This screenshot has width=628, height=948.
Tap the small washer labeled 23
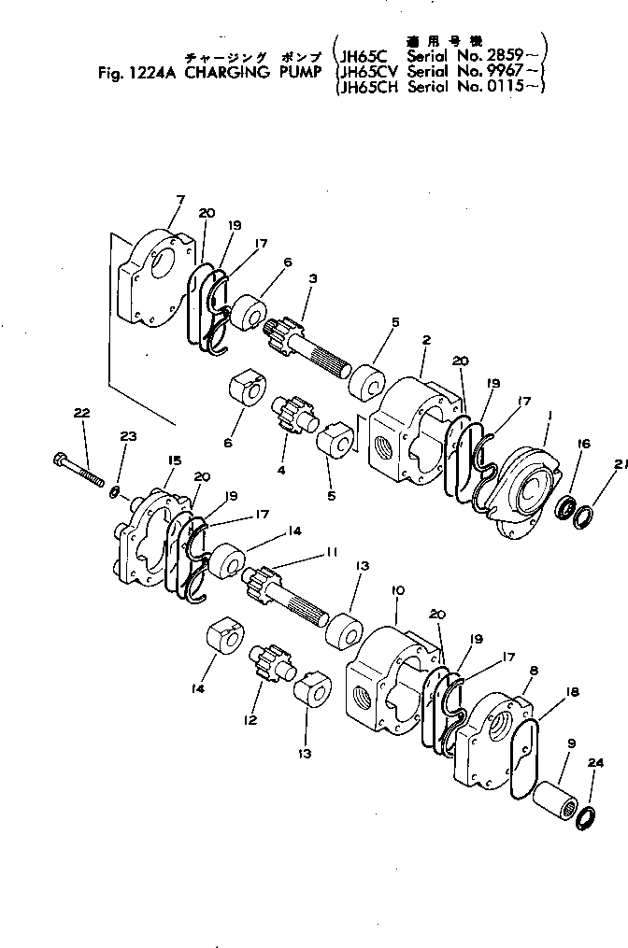(x=115, y=489)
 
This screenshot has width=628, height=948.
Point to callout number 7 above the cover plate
(x=180, y=199)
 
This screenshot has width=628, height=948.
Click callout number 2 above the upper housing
(x=425, y=341)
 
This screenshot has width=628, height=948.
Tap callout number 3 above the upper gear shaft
(x=314, y=278)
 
